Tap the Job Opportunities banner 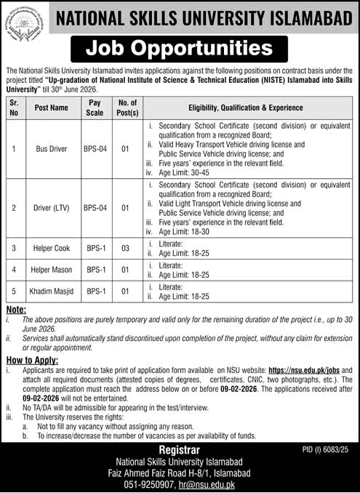pyautogui.click(x=180, y=49)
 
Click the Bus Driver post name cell pyautogui.click(x=51, y=149)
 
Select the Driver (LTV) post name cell pyautogui.click(x=51, y=208)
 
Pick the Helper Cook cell pyautogui.click(x=51, y=248)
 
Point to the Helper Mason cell pyautogui.click(x=51, y=270)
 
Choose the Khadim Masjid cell pyautogui.click(x=51, y=292)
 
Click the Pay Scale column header pyautogui.click(x=95, y=108)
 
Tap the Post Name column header pyautogui.click(x=51, y=108)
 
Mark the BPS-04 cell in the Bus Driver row pyautogui.click(x=95, y=149)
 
